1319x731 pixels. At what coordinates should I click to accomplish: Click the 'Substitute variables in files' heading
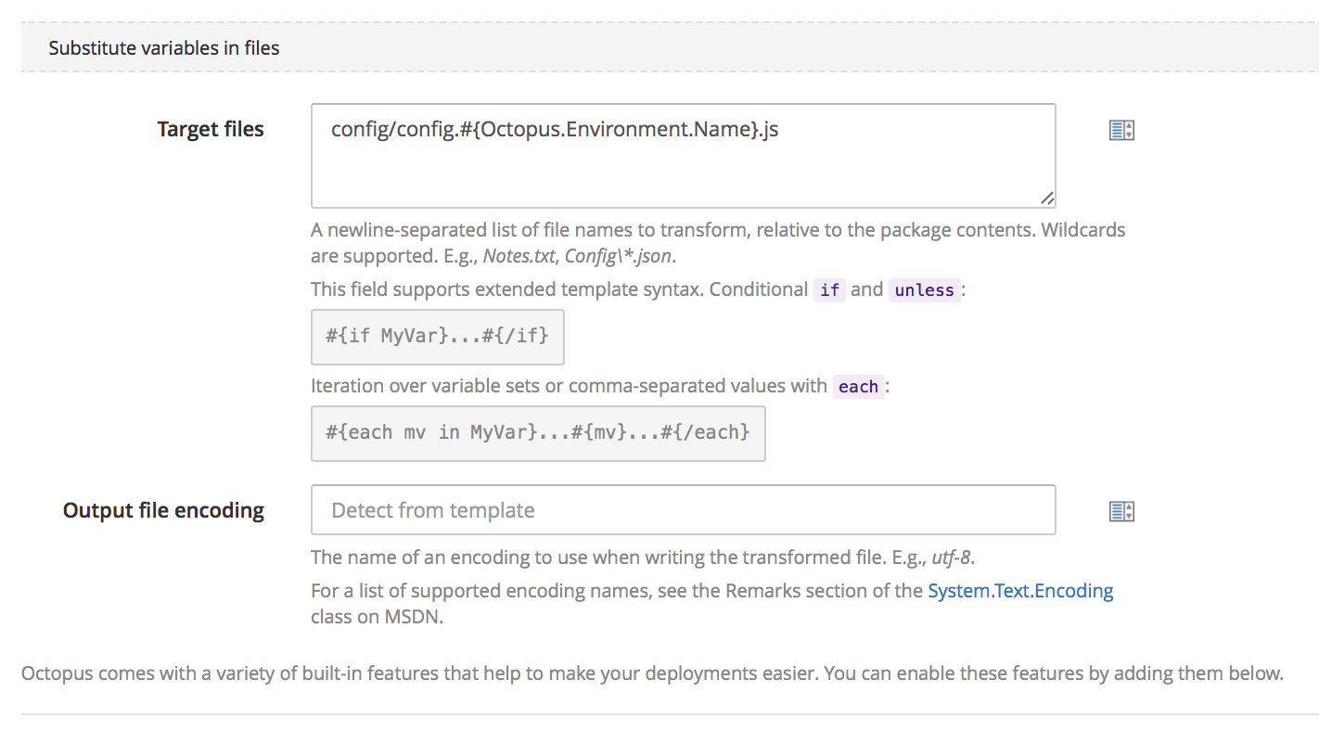(163, 47)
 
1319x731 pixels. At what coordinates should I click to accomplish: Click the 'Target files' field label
(211, 129)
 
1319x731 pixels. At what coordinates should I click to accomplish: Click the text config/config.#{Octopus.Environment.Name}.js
(555, 129)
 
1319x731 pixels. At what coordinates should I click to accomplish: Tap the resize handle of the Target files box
(1047, 199)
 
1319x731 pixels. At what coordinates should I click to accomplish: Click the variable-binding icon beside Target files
(1121, 130)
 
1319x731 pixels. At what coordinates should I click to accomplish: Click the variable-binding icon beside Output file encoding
(1121, 511)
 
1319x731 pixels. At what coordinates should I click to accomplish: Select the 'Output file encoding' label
(163, 510)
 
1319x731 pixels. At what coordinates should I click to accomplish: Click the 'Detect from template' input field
(683, 510)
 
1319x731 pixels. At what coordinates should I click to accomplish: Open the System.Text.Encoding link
(1020, 591)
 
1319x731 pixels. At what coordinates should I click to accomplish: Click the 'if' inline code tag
(829, 289)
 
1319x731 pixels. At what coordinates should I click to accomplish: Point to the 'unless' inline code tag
(924, 289)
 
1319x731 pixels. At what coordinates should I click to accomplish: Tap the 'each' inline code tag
(858, 387)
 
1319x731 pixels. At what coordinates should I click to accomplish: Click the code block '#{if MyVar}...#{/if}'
(438, 337)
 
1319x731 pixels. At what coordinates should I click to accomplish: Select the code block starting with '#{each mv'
(538, 433)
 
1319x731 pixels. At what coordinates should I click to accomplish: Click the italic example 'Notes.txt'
(519, 256)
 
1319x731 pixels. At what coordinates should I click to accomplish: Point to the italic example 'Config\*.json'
(618, 256)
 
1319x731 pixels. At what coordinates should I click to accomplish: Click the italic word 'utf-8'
(951, 558)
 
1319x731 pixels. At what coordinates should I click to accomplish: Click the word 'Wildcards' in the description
(1082, 230)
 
